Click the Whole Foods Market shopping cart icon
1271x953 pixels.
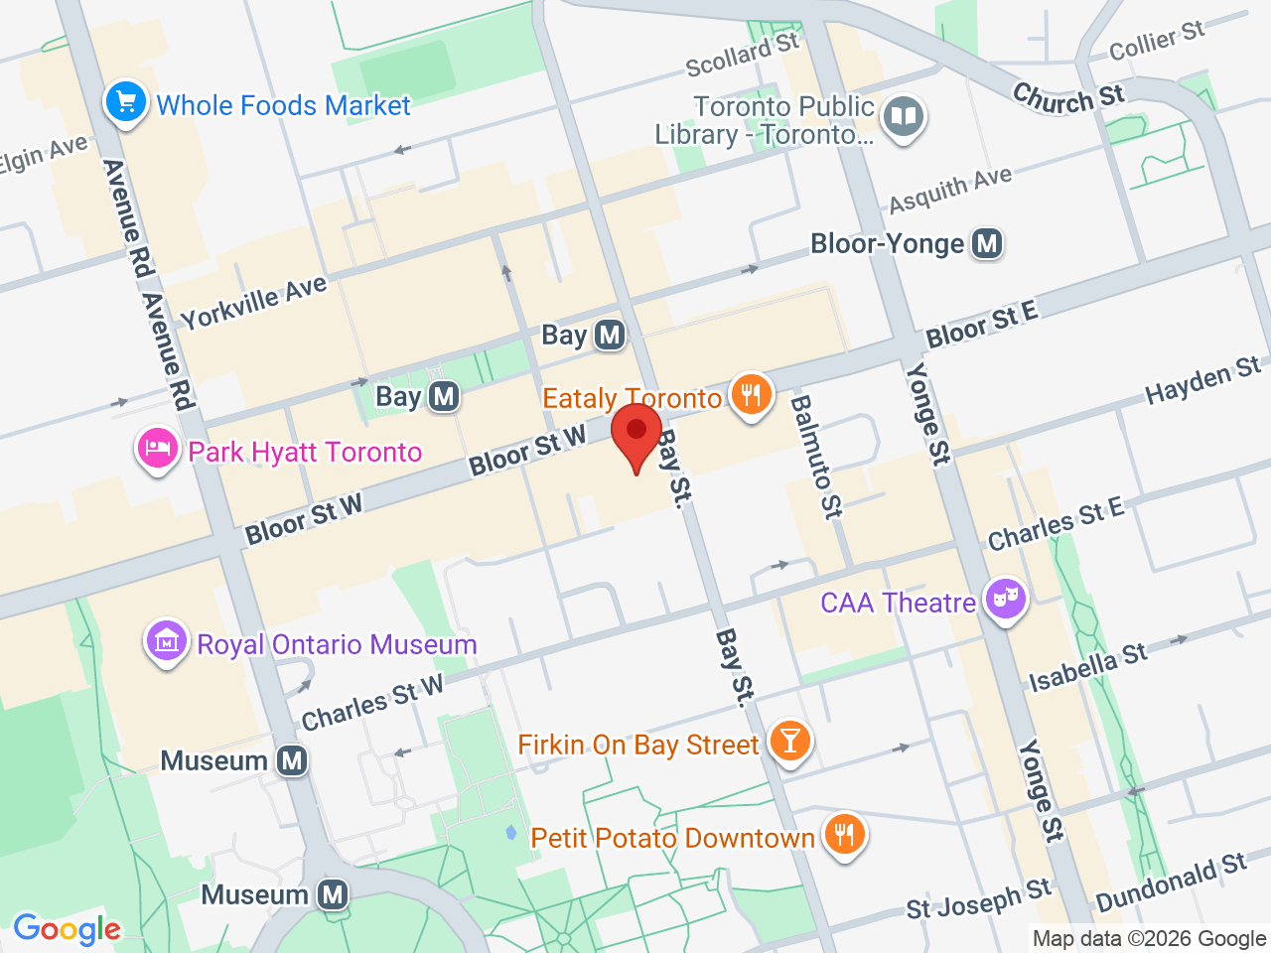point(126,102)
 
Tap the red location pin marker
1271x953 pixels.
point(636,436)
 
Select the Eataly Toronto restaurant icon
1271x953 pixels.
point(752,395)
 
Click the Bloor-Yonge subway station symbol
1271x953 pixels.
point(987,243)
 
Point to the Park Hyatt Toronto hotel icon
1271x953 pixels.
point(157,450)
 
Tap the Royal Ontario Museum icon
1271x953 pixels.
point(167,642)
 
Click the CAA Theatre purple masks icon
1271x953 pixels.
point(1006,599)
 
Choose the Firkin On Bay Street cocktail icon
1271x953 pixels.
point(790,741)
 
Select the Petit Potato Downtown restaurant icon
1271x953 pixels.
point(844,834)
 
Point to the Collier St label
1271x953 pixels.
point(1157,41)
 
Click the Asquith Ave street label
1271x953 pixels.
point(950,190)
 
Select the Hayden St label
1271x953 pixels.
point(1202,381)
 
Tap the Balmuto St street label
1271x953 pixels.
point(815,457)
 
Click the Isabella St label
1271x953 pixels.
point(1087,668)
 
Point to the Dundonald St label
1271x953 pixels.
point(1172,883)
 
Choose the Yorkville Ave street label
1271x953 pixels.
point(254,302)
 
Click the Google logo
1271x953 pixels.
point(67,929)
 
